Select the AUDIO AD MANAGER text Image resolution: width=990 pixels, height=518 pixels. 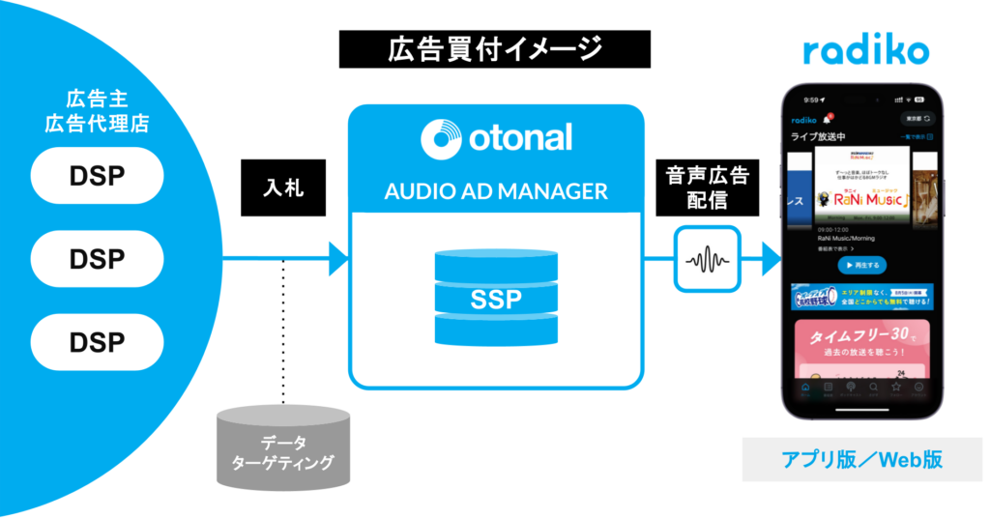click(496, 190)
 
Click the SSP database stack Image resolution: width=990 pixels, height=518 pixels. click(496, 298)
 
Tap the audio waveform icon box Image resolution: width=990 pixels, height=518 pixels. click(708, 259)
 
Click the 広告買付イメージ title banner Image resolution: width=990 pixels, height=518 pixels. click(495, 49)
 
